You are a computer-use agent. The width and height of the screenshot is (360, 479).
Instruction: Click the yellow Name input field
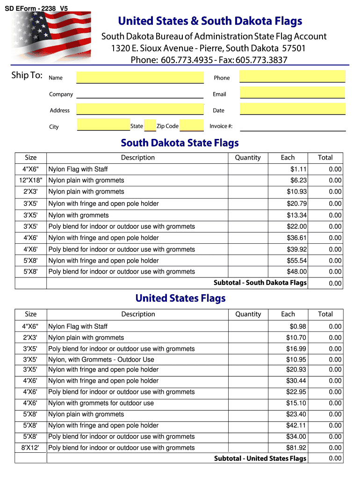(x=140, y=77)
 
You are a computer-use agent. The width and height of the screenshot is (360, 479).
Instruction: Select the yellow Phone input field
(x=292, y=76)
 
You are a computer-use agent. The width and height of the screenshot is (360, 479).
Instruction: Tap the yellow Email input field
(x=292, y=93)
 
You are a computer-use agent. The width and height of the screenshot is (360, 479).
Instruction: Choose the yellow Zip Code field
(x=192, y=125)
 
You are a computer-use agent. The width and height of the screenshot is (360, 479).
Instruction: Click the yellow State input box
(x=150, y=125)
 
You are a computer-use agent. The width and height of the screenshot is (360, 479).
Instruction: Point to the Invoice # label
(x=221, y=126)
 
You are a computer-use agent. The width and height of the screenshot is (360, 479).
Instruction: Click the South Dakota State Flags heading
(x=180, y=143)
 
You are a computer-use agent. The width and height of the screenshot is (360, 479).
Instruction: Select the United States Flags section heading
(x=180, y=298)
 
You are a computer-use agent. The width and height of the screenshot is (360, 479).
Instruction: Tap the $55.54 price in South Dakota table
(x=297, y=261)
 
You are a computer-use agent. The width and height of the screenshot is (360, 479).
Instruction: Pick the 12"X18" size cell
(x=31, y=181)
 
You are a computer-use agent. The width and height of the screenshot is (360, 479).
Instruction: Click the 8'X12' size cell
(x=31, y=448)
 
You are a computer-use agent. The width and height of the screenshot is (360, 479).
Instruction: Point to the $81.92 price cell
(x=296, y=448)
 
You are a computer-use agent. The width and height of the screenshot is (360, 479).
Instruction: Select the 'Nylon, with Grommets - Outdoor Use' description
(x=101, y=360)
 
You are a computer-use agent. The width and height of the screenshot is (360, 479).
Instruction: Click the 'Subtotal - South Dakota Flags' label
(x=260, y=283)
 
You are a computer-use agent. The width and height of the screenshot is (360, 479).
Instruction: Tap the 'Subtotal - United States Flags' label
(x=260, y=458)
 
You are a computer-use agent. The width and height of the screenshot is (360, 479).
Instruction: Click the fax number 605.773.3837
(x=261, y=60)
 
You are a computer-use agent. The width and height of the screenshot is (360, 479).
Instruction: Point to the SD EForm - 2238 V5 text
(x=36, y=8)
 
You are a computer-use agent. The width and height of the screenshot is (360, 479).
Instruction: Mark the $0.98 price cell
(x=298, y=327)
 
